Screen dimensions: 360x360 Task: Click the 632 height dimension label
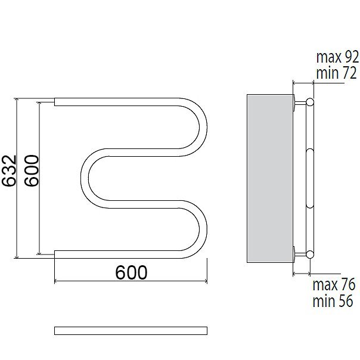[x=9, y=170]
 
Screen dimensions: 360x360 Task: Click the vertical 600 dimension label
[x=32, y=170]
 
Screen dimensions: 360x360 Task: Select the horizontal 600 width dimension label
[x=131, y=272]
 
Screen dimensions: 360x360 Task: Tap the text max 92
[x=337, y=57]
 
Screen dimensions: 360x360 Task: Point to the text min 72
[x=337, y=73]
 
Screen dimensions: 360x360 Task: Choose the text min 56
[x=333, y=300]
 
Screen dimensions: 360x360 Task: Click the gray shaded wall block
[x=270, y=178]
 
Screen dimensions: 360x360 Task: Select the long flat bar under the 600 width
[x=131, y=331]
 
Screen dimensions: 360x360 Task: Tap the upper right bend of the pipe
[x=203, y=128]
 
